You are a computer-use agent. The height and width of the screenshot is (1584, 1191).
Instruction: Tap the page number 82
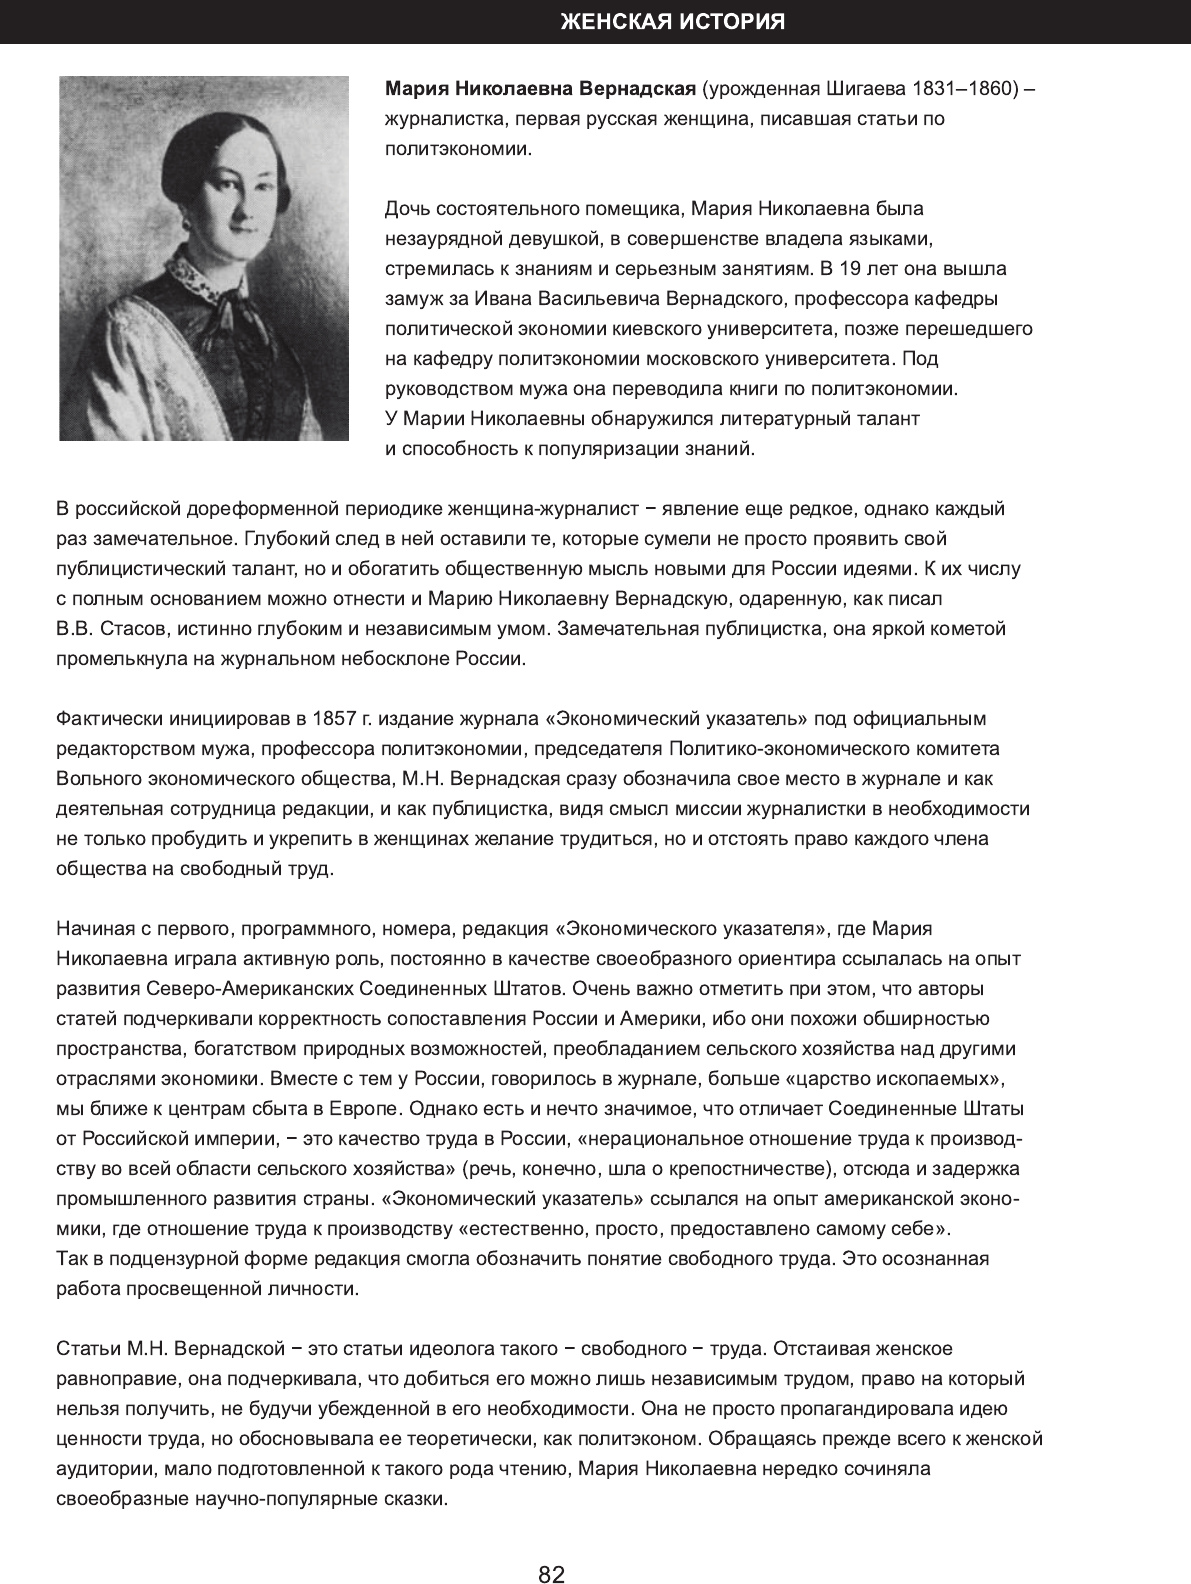552,1574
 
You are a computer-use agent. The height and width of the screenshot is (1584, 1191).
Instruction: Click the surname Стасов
134,629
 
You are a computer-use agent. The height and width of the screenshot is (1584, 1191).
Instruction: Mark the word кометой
966,629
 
